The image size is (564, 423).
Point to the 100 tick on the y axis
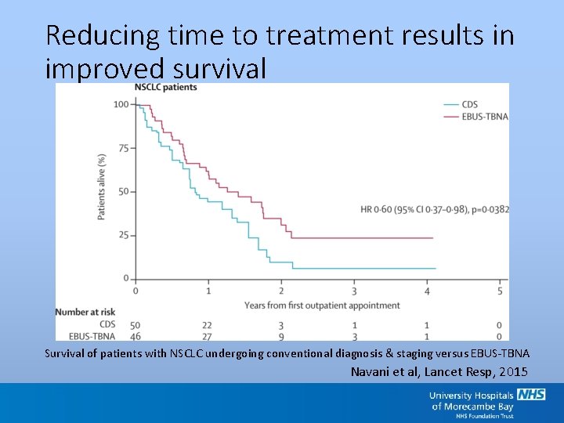point(121,105)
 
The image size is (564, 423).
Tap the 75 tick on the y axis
point(124,148)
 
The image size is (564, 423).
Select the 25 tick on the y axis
point(124,235)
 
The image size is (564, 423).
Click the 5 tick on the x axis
point(500,291)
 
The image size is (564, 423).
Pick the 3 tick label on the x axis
point(354,291)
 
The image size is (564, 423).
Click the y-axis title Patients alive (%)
point(101,186)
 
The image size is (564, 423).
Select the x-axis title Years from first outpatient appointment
point(317,304)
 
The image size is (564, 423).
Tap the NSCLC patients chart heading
point(166,87)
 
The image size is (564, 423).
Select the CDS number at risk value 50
point(136,325)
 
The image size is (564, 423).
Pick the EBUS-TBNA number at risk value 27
point(208,336)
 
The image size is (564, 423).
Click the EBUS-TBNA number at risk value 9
point(280,336)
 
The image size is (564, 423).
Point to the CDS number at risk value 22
point(208,325)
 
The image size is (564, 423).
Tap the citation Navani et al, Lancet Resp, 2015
point(439,371)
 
